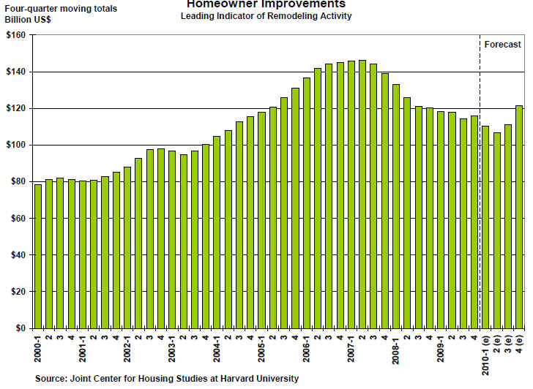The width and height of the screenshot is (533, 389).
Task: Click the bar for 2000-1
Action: tap(38, 256)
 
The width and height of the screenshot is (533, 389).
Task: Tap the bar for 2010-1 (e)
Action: tap(485, 227)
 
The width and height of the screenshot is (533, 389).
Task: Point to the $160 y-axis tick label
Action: tap(15, 35)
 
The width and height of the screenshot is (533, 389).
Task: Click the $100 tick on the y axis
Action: tap(15, 145)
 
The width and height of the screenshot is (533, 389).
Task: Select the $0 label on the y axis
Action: tap(20, 328)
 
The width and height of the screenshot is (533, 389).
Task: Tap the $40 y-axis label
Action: tap(18, 255)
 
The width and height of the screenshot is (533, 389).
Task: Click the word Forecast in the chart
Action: tap(503, 45)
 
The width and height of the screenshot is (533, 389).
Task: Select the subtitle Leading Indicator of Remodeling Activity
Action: tap(266, 15)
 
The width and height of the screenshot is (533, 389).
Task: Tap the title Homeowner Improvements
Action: tap(266, 4)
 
